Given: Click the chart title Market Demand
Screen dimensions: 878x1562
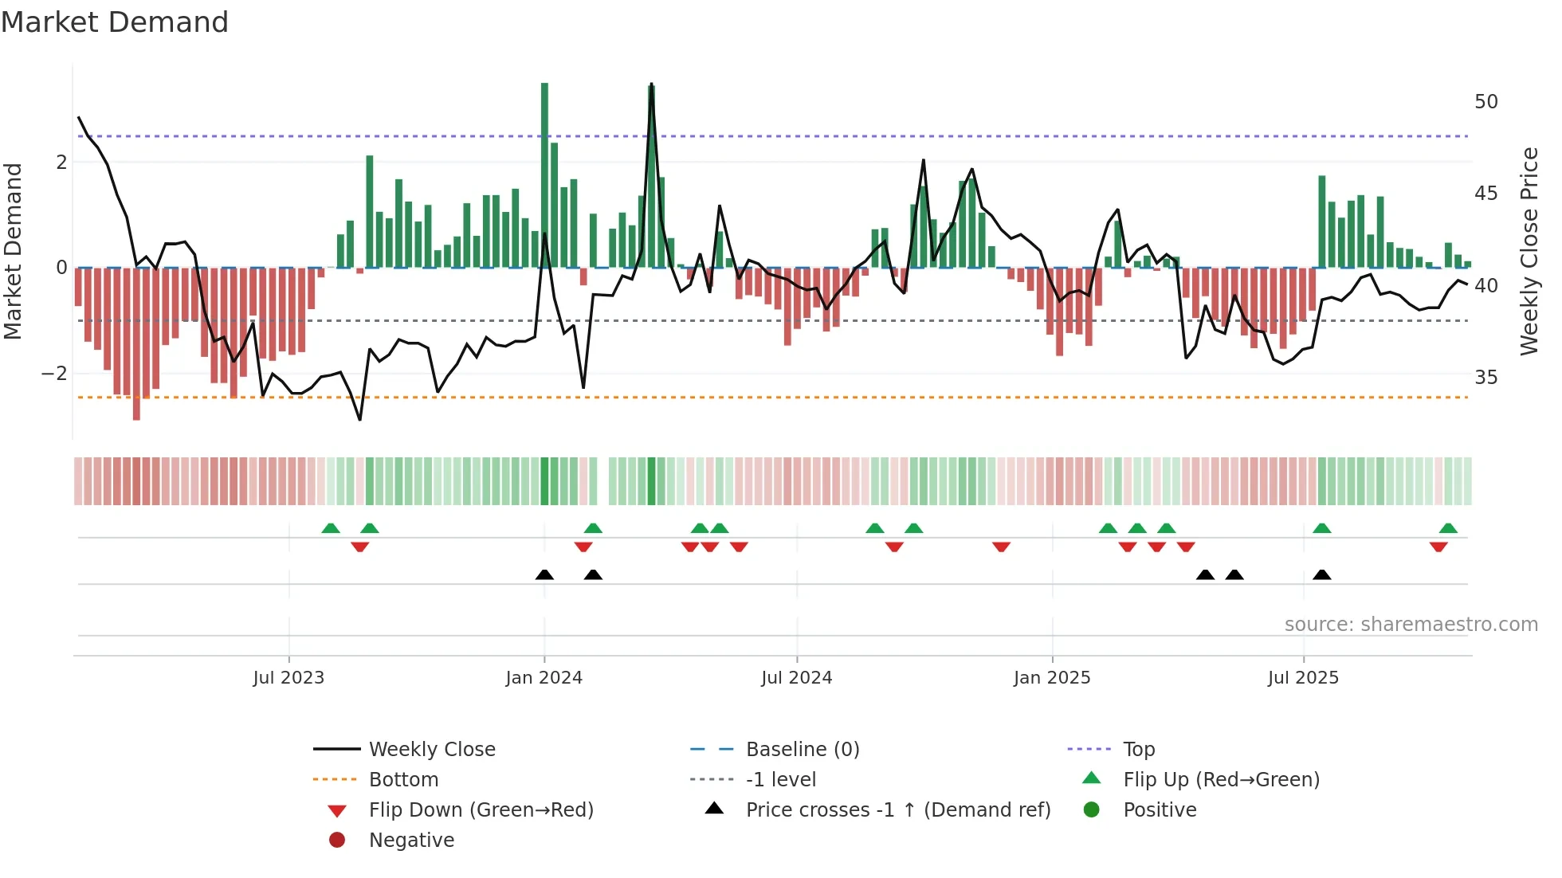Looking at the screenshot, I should click(x=115, y=22).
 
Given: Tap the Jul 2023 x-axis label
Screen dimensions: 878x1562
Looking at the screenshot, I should click(x=288, y=678).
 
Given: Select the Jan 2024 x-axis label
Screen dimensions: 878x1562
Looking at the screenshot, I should click(x=544, y=678).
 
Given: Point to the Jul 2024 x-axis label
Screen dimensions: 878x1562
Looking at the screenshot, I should click(x=797, y=678).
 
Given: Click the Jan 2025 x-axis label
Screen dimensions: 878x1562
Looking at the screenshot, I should click(x=1052, y=678).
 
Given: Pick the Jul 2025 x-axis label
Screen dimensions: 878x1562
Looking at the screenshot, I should click(x=1304, y=678).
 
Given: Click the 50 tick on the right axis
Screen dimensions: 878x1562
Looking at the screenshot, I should click(x=1486, y=102).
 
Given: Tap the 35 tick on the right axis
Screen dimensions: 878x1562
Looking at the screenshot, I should click(x=1486, y=377).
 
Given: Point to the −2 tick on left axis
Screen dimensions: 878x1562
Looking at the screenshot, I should click(x=54, y=374).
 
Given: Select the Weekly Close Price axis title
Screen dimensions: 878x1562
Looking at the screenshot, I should click(x=1529, y=251).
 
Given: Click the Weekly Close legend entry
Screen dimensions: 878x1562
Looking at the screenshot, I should click(x=432, y=750).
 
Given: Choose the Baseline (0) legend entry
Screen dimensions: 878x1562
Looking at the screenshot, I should click(x=803, y=750).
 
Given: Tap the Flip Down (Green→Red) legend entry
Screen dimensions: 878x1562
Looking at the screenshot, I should click(x=481, y=810).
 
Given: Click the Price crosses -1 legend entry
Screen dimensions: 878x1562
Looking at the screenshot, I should click(x=898, y=810).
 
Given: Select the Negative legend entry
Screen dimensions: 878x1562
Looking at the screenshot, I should click(x=411, y=841).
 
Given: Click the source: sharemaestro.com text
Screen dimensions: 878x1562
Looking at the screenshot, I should click(x=1411, y=625).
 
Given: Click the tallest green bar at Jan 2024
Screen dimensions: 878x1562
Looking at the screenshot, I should click(x=544, y=175).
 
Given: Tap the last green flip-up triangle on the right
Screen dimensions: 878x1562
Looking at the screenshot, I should click(x=1448, y=528).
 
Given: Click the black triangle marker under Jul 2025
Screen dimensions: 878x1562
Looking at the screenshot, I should click(x=1322, y=575).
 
